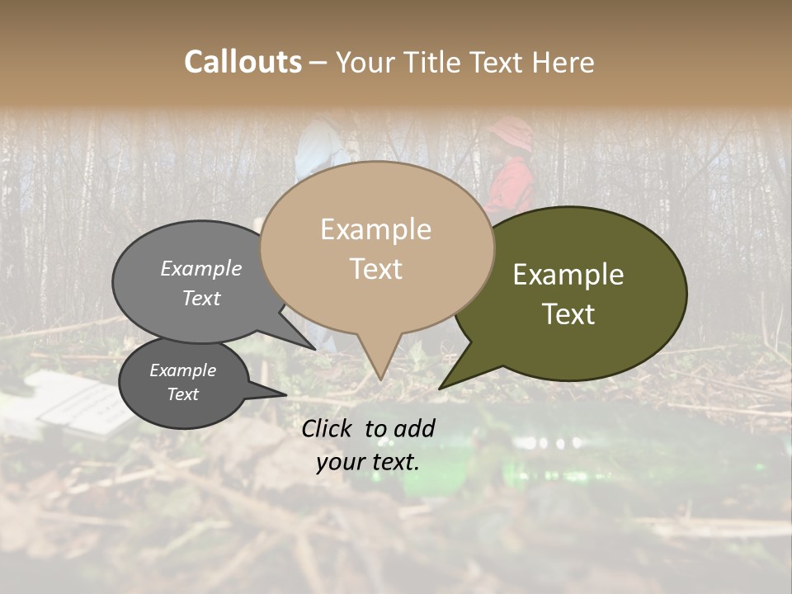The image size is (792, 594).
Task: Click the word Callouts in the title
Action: pyautogui.click(x=243, y=62)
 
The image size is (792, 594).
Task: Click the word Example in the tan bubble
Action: pyautogui.click(x=375, y=229)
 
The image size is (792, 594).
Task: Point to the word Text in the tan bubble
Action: pyautogui.click(x=375, y=269)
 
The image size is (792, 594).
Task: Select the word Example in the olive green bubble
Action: pyautogui.click(x=568, y=275)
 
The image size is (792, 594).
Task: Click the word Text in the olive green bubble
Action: pyautogui.click(x=568, y=314)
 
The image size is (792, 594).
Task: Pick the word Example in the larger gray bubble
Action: pyautogui.click(x=200, y=269)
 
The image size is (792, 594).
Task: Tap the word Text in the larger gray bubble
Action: pyautogui.click(x=200, y=298)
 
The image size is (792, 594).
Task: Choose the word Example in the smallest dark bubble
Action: pyautogui.click(x=182, y=370)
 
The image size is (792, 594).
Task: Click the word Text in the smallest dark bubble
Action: pyautogui.click(x=182, y=394)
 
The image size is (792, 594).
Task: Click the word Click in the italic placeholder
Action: pyautogui.click(x=328, y=428)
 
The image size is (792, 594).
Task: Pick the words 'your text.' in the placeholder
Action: pyautogui.click(x=368, y=462)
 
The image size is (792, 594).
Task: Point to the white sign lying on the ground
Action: pyautogui.click(x=78, y=404)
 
